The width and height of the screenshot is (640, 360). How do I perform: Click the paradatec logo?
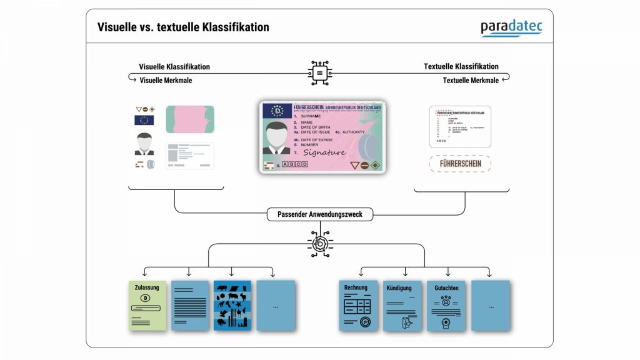(x=511, y=28)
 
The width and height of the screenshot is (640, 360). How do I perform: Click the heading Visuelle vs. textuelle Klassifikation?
(x=183, y=27)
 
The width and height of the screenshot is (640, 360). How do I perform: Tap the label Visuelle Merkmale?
(x=166, y=80)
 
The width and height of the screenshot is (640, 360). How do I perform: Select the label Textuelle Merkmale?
(x=471, y=80)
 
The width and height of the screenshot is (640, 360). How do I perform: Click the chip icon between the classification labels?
(x=319, y=73)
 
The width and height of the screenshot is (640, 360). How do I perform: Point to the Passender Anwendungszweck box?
(x=319, y=214)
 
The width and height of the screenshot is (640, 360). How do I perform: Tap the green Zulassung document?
(x=147, y=305)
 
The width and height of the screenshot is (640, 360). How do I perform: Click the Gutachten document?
(x=446, y=305)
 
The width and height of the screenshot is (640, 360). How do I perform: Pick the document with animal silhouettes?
(x=232, y=305)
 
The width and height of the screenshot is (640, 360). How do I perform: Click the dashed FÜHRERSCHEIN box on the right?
(x=459, y=164)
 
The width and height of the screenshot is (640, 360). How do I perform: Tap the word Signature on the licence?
(x=324, y=152)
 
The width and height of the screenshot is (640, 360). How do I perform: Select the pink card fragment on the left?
(x=190, y=119)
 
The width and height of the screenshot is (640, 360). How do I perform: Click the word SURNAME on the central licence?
(x=311, y=116)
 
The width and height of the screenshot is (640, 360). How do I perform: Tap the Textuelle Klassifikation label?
(x=461, y=66)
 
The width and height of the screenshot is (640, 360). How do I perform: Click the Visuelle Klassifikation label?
(x=174, y=67)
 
